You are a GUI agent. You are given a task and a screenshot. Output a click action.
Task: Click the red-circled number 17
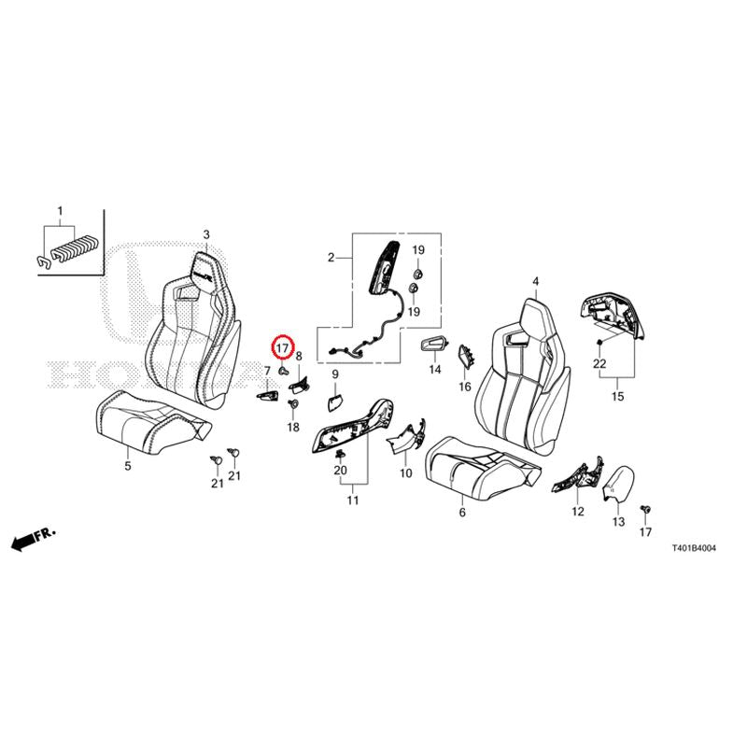[283, 348]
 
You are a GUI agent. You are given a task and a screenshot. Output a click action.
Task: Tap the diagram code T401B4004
[694, 548]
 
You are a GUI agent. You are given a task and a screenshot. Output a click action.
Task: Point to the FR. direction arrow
[34, 539]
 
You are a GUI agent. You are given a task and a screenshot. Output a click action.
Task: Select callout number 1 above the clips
[60, 211]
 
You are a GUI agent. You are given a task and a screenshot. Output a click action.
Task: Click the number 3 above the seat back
[206, 234]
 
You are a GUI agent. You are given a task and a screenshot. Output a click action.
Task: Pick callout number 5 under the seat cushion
[128, 466]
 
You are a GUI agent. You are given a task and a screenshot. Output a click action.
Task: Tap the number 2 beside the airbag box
[331, 258]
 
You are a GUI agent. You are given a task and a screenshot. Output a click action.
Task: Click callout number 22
[599, 363]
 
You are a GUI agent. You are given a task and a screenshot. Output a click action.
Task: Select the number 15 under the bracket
[617, 396]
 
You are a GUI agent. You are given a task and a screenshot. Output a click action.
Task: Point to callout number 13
[618, 522]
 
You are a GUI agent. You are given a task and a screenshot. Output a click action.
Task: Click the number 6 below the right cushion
[462, 513]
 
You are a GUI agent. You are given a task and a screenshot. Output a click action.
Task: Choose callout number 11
[353, 500]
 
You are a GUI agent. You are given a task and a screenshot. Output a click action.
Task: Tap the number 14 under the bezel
[435, 369]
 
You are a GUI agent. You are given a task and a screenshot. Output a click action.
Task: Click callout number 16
[465, 387]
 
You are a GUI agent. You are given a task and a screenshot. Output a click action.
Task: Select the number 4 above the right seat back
[536, 282]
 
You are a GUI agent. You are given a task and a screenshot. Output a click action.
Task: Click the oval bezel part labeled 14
[434, 345]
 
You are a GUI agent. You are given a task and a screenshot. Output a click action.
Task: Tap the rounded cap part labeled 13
[615, 484]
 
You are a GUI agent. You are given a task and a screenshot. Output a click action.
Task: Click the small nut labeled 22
[599, 342]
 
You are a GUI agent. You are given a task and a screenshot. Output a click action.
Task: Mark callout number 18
[293, 428]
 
